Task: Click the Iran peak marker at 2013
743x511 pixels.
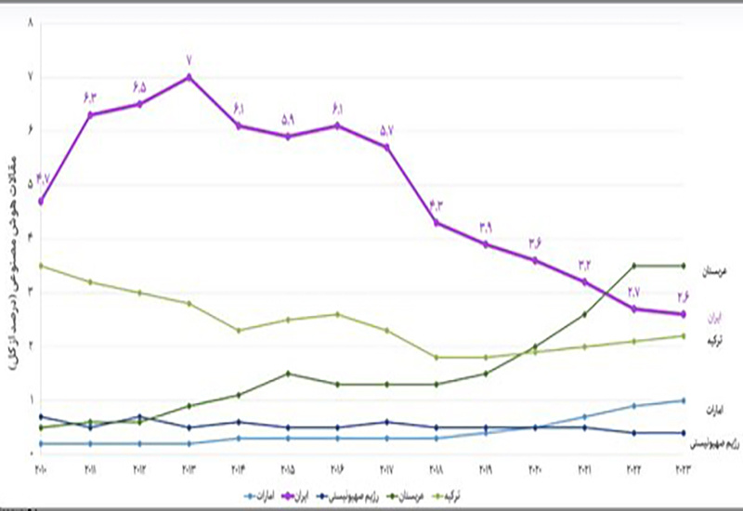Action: tap(189, 77)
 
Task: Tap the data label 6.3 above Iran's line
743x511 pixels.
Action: tap(91, 96)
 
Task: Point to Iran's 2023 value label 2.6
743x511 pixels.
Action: tap(683, 297)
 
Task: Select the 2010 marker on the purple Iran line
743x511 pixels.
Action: tap(41, 202)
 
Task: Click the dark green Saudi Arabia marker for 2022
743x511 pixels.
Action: tap(634, 266)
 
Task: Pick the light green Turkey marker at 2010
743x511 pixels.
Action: tap(41, 266)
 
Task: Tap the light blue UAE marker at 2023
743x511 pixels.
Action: tap(684, 400)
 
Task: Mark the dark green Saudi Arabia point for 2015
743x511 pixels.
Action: tap(289, 373)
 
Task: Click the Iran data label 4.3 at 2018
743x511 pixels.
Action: tap(437, 205)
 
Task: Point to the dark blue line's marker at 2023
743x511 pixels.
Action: tap(684, 433)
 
